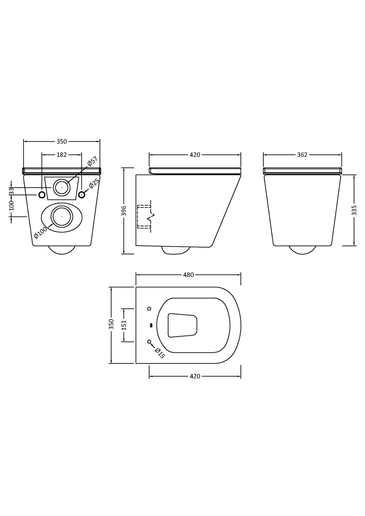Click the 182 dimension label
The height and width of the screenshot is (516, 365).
(x=61, y=155)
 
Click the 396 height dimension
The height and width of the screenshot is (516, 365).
(x=124, y=211)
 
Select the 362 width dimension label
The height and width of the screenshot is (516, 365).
(x=302, y=155)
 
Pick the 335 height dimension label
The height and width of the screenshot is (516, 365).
(x=354, y=210)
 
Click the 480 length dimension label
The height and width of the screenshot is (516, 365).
(x=188, y=275)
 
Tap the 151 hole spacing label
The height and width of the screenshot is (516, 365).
(x=124, y=325)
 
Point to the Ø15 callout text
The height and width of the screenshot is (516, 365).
(x=160, y=353)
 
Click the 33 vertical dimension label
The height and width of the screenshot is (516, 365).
(x=11, y=191)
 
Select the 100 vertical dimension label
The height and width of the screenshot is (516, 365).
(x=11, y=206)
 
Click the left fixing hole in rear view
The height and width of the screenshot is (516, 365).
(x=42, y=195)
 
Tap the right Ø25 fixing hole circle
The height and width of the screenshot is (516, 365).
(x=82, y=195)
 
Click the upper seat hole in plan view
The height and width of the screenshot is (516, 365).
(x=149, y=309)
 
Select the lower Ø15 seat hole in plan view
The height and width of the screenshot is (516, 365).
(x=149, y=342)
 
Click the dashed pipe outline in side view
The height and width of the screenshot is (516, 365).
(x=144, y=217)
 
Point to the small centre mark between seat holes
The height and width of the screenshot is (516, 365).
(x=151, y=325)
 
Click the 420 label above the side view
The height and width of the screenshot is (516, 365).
(x=195, y=155)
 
